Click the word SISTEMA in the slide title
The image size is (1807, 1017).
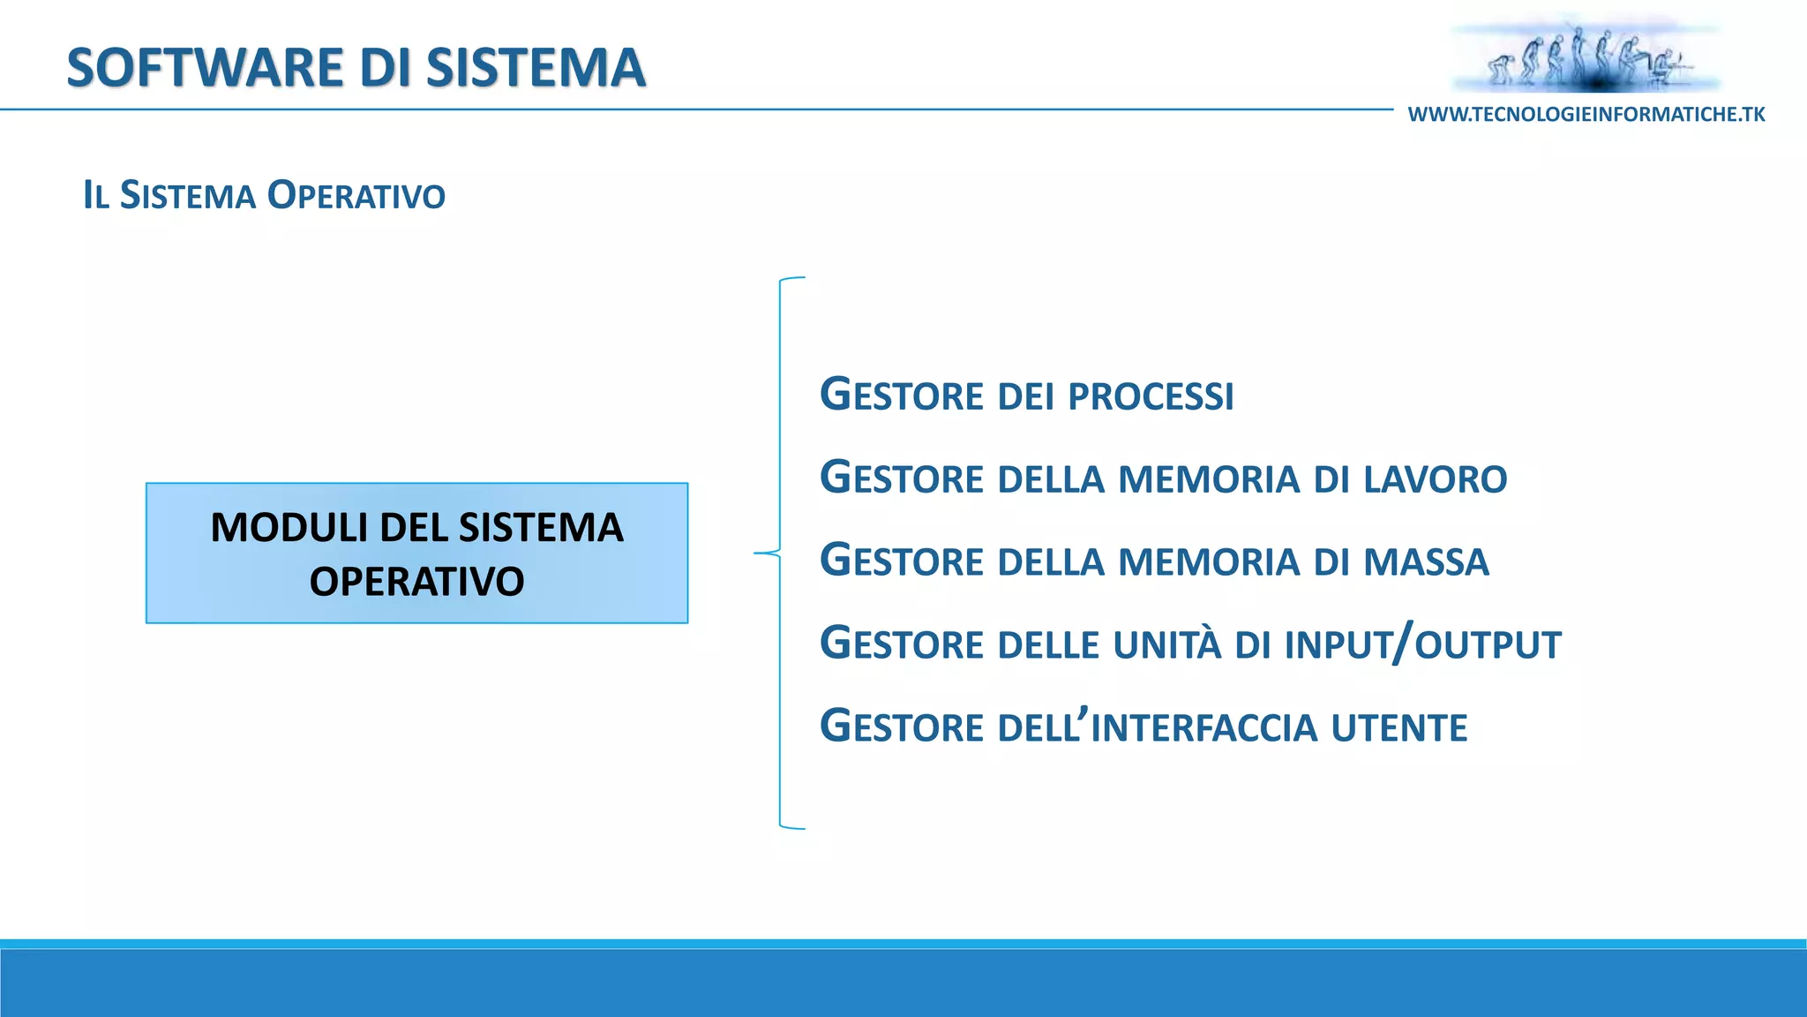(536, 68)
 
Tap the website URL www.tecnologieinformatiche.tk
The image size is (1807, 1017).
(1586, 115)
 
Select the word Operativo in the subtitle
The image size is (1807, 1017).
(356, 195)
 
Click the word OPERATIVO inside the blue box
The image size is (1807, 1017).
(416, 582)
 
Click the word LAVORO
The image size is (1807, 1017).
(1435, 479)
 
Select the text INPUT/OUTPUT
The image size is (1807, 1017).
(1422, 644)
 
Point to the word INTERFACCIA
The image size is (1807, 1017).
(1204, 728)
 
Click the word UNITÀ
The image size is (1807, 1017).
(1166, 644)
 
